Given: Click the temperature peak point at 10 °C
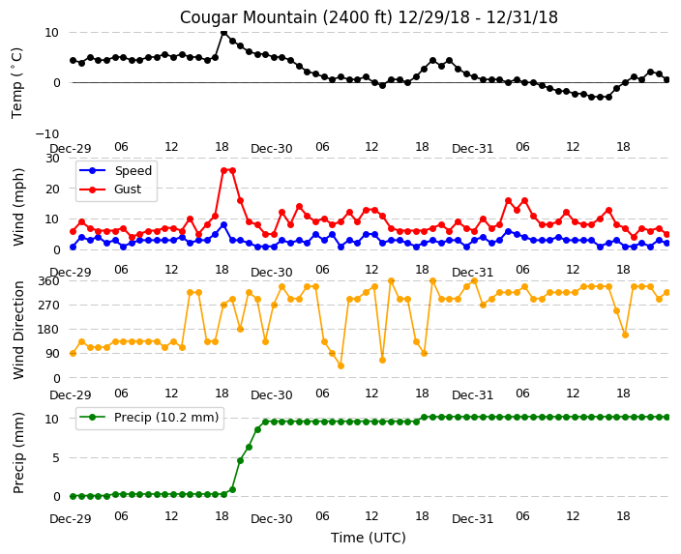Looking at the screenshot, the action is [223, 32].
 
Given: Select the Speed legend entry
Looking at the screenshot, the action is [115, 170].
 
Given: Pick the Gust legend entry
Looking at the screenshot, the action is [110, 190].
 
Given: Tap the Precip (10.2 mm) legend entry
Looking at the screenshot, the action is [149, 418].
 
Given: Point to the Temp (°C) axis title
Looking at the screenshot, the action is [17, 83].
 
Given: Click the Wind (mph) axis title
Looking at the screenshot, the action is [17, 208].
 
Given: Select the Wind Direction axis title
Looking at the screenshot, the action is [17, 330].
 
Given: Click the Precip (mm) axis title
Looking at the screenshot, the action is [17, 452].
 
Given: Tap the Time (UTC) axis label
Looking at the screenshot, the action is [369, 538].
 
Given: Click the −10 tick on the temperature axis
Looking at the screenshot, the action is [47, 133].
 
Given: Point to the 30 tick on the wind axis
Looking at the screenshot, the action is [52, 158].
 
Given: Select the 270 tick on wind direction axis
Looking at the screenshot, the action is [50, 306].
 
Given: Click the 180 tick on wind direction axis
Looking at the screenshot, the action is [50, 330].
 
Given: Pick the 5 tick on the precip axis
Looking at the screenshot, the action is [56, 457].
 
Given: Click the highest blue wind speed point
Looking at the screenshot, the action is [223, 225].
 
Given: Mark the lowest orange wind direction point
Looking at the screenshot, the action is [340, 366].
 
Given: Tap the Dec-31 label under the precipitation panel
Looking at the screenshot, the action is [472, 519].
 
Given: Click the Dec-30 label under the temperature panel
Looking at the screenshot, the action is [272, 149].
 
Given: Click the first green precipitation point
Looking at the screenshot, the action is [73, 496].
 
